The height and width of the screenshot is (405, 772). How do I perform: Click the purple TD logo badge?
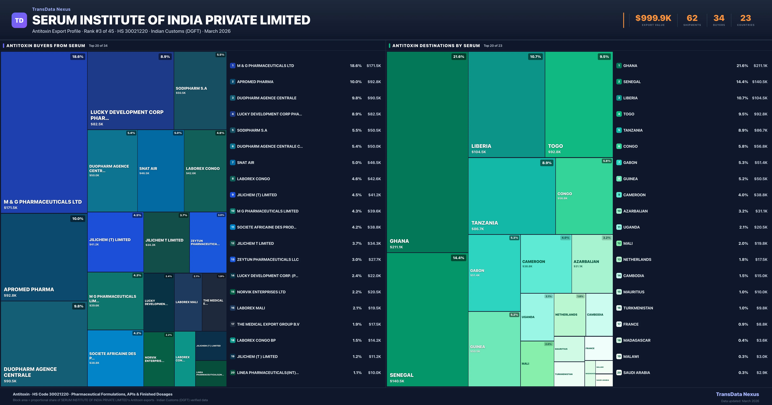tap(19, 20)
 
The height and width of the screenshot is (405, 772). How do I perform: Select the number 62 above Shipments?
tap(692, 18)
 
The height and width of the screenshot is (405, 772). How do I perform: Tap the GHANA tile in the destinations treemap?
tap(427, 152)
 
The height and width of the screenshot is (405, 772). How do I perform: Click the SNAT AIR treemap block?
tap(161, 171)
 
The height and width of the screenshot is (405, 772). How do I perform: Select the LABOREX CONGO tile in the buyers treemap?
tap(205, 171)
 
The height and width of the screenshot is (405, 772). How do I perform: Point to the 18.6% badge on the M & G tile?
tap(78, 57)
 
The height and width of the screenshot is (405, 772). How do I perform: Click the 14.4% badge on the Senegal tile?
tap(458, 258)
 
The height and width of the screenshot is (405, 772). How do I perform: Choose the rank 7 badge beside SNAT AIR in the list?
tap(233, 162)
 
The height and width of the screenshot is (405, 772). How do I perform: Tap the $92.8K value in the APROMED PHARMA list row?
tap(374, 82)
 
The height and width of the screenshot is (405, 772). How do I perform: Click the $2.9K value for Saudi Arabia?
tap(762, 373)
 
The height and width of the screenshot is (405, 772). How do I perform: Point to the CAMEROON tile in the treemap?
tap(546, 264)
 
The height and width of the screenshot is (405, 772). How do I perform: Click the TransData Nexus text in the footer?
tap(737, 394)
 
